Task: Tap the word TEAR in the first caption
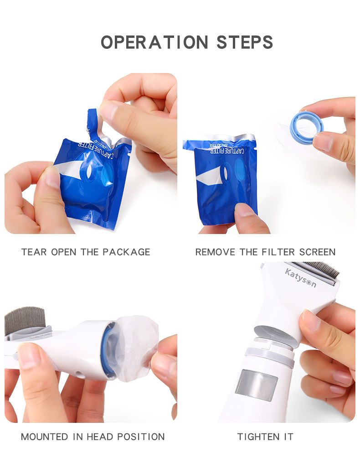(x=34, y=252)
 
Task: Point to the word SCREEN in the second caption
(x=317, y=252)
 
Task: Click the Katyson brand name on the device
(x=300, y=278)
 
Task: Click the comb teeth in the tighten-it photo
(x=321, y=269)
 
